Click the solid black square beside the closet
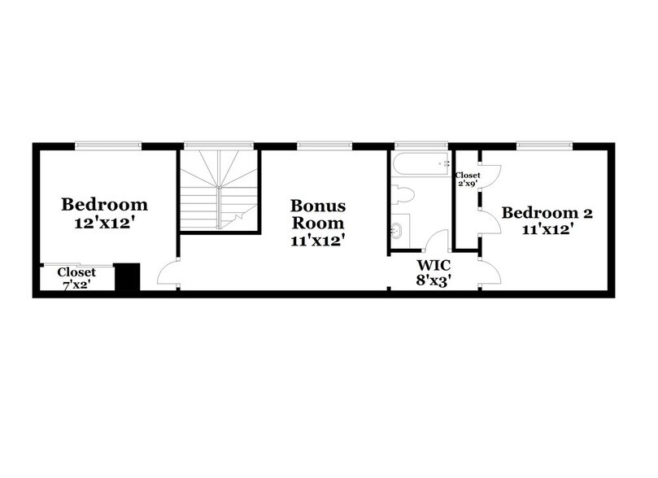pos(127,276)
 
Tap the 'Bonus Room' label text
pos(319,213)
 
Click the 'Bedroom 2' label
pos(547,213)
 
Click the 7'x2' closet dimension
pos(76,284)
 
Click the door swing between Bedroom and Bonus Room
pos(168,275)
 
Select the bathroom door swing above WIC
pos(438,241)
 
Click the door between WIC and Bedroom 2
pos(489,274)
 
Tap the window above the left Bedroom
pos(108,146)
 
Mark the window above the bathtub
pos(421,146)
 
